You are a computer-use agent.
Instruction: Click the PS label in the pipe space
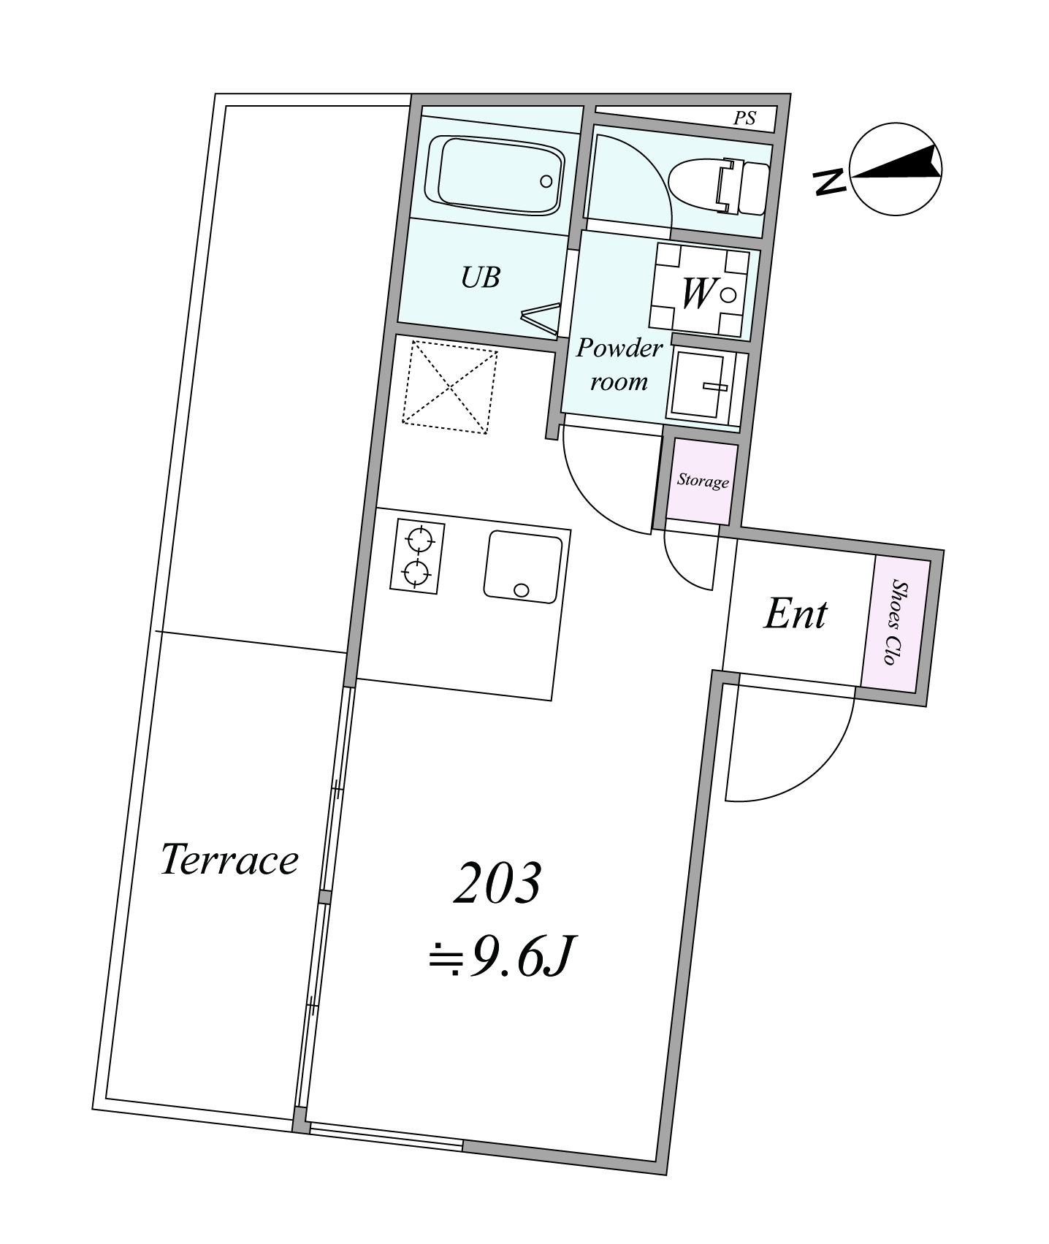pyautogui.click(x=744, y=118)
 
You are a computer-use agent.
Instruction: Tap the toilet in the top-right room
pyautogui.click(x=719, y=187)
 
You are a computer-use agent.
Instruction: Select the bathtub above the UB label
pyautogui.click(x=495, y=175)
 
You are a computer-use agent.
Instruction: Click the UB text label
pyautogui.click(x=481, y=278)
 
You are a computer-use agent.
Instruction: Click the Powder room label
pyautogui.click(x=619, y=365)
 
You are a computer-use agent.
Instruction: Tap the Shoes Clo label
pyautogui.click(x=895, y=623)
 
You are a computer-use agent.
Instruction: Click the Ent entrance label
pyautogui.click(x=795, y=615)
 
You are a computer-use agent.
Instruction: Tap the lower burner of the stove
pyautogui.click(x=417, y=573)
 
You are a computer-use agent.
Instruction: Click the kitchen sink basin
pyautogui.click(x=523, y=567)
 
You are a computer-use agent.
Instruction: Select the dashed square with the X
pyautogui.click(x=450, y=387)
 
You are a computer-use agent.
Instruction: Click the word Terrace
pyautogui.click(x=229, y=859)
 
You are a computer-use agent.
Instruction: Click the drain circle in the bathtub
pyautogui.click(x=546, y=181)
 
